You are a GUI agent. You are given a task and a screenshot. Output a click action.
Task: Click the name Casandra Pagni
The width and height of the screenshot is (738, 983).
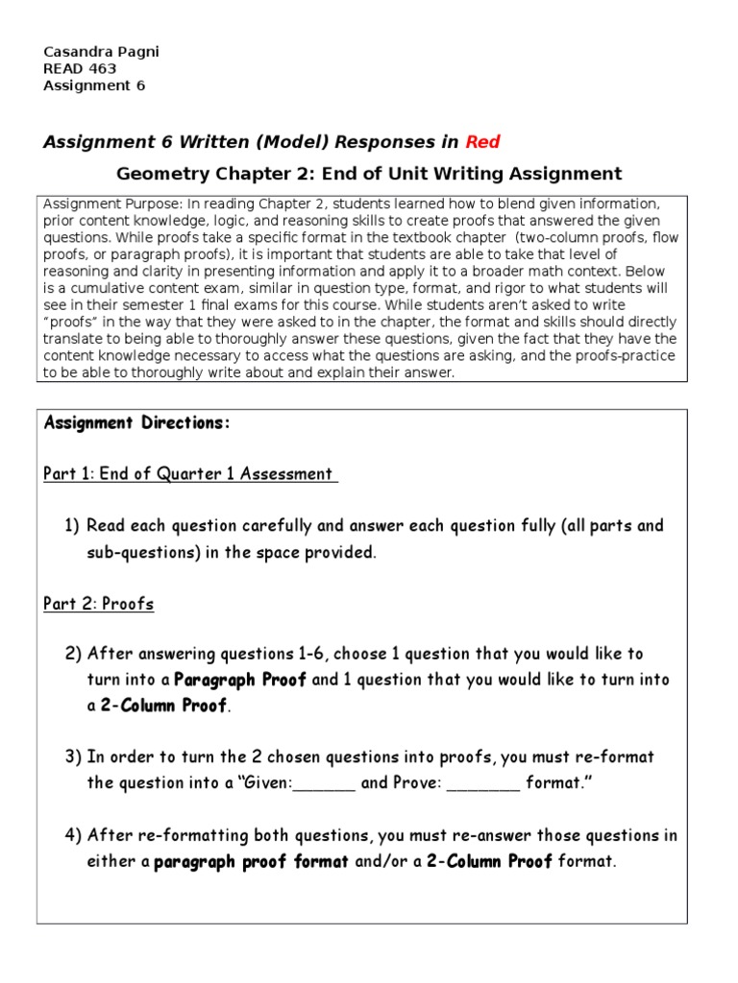101,52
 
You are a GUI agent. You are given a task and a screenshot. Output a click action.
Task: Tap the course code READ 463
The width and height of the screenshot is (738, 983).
80,68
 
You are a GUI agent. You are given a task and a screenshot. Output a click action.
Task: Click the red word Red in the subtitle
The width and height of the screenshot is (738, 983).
483,142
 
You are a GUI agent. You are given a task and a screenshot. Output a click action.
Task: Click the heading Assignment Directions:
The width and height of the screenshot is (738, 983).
137,423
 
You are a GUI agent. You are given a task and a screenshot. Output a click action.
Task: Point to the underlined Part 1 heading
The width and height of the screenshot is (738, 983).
190,473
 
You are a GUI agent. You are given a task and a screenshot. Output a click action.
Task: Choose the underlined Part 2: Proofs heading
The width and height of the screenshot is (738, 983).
98,604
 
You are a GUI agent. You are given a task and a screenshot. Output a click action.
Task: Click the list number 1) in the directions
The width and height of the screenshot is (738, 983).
73,526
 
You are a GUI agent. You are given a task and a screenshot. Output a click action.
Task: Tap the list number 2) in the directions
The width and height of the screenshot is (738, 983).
73,655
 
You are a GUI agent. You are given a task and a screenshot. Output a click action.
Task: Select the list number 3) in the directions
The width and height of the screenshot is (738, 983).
73,757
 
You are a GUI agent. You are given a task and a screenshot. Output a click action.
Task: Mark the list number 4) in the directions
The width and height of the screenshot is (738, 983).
73,835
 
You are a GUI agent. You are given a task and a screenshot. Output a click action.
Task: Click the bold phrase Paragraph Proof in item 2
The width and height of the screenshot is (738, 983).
240,680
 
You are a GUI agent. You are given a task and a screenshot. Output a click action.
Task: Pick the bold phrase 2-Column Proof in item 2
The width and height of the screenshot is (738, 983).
164,707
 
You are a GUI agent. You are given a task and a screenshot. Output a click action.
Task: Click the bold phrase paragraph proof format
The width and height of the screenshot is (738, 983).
252,862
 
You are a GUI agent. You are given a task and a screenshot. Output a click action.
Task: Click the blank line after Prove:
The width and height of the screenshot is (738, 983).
483,783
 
